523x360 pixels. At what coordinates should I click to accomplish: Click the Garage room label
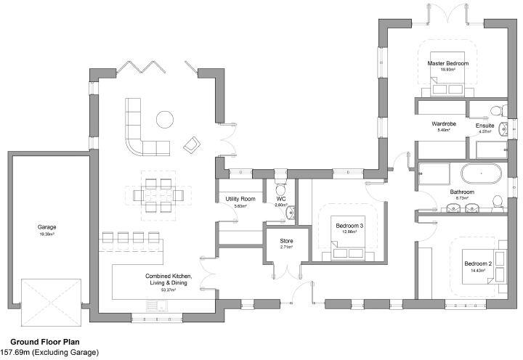pyautogui.click(x=47, y=227)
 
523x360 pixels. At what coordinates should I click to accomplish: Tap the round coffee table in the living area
pyautogui.click(x=166, y=118)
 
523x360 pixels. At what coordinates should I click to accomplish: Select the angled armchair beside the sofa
pyautogui.click(x=192, y=144)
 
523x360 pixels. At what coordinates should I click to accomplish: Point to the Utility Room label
pyautogui.click(x=239, y=198)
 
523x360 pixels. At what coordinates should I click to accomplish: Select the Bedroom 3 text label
pyautogui.click(x=349, y=226)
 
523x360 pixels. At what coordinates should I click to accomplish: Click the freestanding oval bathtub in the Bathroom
pyautogui.click(x=479, y=174)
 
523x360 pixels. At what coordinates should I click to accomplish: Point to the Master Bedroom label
pyautogui.click(x=447, y=64)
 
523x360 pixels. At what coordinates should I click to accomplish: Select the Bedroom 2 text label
pyautogui.click(x=479, y=263)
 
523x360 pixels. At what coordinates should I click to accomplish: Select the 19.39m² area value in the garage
pyautogui.click(x=47, y=234)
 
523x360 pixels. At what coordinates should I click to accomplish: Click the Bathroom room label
pyautogui.click(x=462, y=192)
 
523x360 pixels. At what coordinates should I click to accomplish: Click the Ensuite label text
pyautogui.click(x=485, y=126)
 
